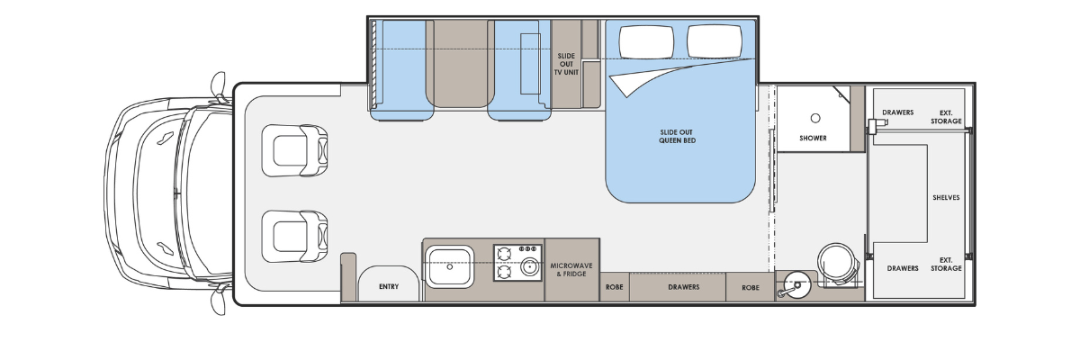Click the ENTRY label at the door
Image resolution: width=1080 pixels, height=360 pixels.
coord(389,287)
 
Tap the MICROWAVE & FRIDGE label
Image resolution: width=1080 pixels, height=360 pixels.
coord(571,270)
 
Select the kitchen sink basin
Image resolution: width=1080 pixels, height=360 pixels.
coord(449,266)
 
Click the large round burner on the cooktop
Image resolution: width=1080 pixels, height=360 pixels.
coord(529,266)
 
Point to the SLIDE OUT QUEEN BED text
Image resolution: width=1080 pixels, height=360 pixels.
coord(677,137)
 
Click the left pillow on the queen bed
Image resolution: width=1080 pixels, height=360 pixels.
coord(646,41)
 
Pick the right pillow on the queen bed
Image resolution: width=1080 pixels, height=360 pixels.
coord(715,41)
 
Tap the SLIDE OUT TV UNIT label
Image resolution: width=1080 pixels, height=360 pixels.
coord(566,64)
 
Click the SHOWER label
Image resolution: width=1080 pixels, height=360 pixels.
coord(813,139)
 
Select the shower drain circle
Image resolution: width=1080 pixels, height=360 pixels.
coord(815,118)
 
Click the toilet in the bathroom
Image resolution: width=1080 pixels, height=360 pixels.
coord(838,265)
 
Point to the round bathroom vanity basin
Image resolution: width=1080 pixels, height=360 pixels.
coord(797,285)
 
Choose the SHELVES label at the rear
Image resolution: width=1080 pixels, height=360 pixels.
coord(946,198)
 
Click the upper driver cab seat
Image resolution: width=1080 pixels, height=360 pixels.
coord(294,151)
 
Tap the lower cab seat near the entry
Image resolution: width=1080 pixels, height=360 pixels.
coord(294,236)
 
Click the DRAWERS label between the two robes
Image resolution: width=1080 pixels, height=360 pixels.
coord(684,287)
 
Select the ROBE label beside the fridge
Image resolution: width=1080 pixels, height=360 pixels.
coord(614,287)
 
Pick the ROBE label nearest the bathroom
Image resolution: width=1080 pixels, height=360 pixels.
coord(751,288)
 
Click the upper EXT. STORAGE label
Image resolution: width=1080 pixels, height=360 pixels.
coord(946,117)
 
